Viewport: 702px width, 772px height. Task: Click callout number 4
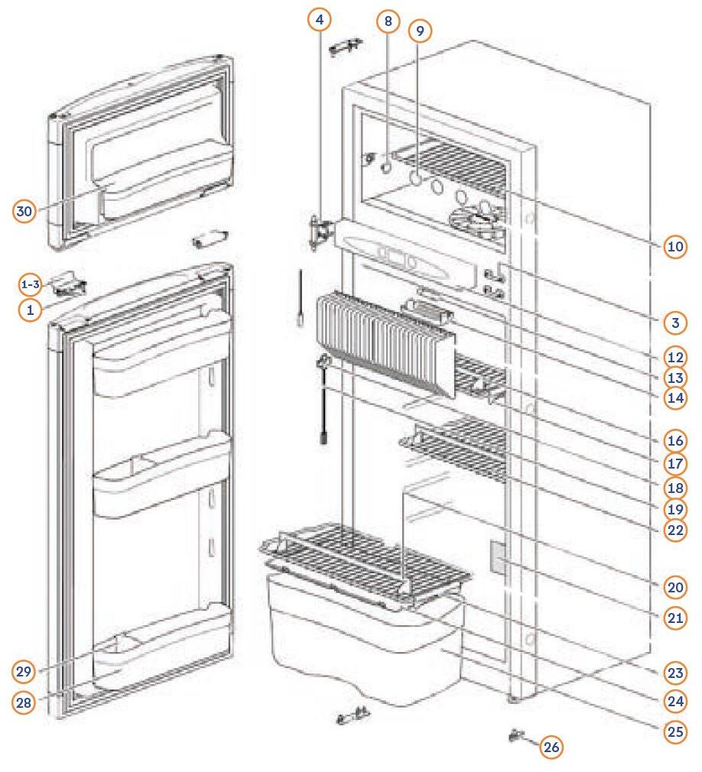coord(320,18)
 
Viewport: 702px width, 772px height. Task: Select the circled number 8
coord(388,22)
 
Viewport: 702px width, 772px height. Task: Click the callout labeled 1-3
coord(30,285)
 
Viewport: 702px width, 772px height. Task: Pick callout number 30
coord(24,212)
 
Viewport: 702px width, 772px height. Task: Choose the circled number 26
coord(551,747)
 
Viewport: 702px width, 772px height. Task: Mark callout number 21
coord(674,618)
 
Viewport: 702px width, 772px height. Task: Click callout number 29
coord(24,672)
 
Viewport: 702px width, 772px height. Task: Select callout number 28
coord(24,703)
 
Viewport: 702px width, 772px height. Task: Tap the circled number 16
coord(674,442)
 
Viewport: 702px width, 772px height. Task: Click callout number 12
coord(674,357)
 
